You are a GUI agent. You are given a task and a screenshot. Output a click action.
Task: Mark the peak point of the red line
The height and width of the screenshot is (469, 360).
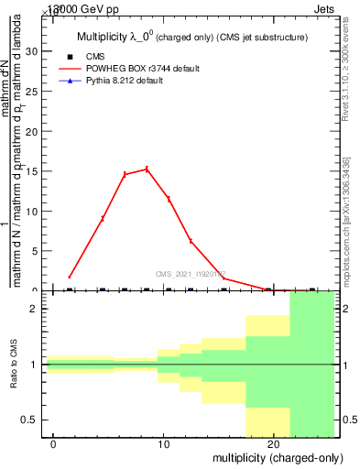[147, 169]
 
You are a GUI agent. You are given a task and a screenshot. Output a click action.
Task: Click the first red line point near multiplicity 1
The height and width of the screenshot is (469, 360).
[70, 277]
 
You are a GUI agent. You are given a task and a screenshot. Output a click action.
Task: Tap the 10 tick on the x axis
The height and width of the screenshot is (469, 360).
[164, 443]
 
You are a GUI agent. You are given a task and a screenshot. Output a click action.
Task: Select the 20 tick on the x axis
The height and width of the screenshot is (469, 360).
[274, 443]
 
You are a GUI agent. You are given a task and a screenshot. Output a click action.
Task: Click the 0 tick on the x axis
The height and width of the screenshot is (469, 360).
[54, 443]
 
